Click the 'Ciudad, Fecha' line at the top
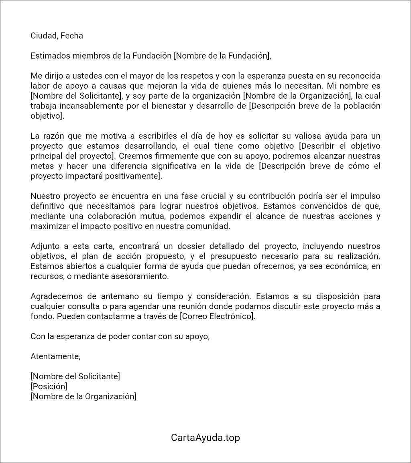[x=57, y=36]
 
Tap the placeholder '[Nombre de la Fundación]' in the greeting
[x=222, y=56]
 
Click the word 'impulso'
[x=364, y=196]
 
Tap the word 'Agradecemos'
[x=55, y=296]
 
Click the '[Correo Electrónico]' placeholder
[x=217, y=316]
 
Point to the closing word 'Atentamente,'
[x=55, y=356]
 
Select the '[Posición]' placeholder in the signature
[x=49, y=386]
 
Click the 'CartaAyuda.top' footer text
[x=205, y=437]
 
